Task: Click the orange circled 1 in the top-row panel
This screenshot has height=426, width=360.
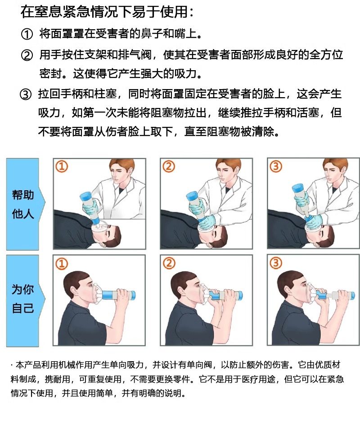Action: coord(61,166)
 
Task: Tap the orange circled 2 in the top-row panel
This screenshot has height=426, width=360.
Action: coord(168,166)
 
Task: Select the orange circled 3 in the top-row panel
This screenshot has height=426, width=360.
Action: coord(275,166)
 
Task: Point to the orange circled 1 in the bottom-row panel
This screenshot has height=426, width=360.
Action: coord(61,264)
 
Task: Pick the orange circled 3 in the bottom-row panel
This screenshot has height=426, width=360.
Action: coord(275,263)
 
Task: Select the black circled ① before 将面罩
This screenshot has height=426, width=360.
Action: coord(27,34)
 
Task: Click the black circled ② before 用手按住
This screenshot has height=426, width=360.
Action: coord(27,55)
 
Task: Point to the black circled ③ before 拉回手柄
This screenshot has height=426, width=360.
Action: coord(26,94)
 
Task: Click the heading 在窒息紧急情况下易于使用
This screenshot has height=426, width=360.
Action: coord(107,12)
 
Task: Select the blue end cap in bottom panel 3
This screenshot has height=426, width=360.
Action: coord(351,295)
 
